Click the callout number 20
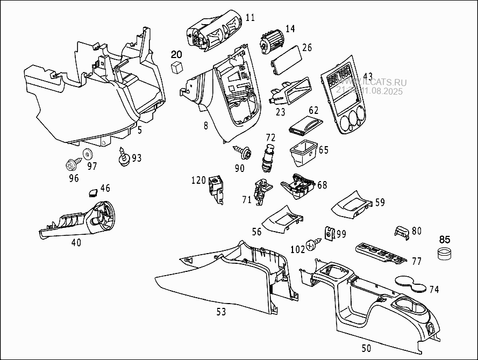click(x=177, y=54)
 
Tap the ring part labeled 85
click(x=445, y=254)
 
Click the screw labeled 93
click(x=124, y=157)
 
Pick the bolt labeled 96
click(x=71, y=162)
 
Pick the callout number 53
click(x=220, y=312)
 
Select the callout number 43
click(x=368, y=76)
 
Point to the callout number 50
click(x=366, y=348)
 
